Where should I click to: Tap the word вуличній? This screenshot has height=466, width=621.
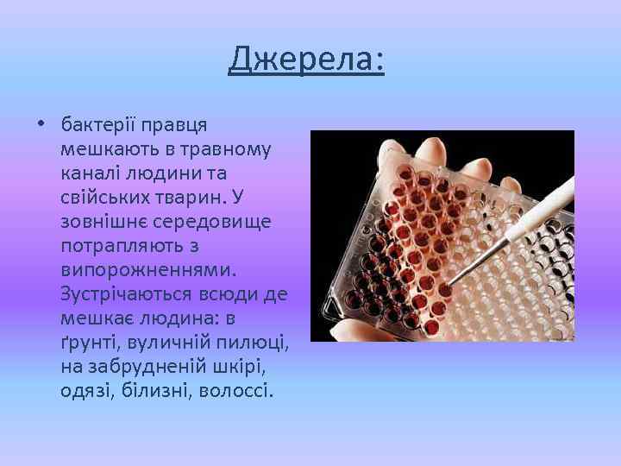coord(165,343)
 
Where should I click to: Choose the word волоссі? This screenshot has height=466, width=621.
coord(236,391)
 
